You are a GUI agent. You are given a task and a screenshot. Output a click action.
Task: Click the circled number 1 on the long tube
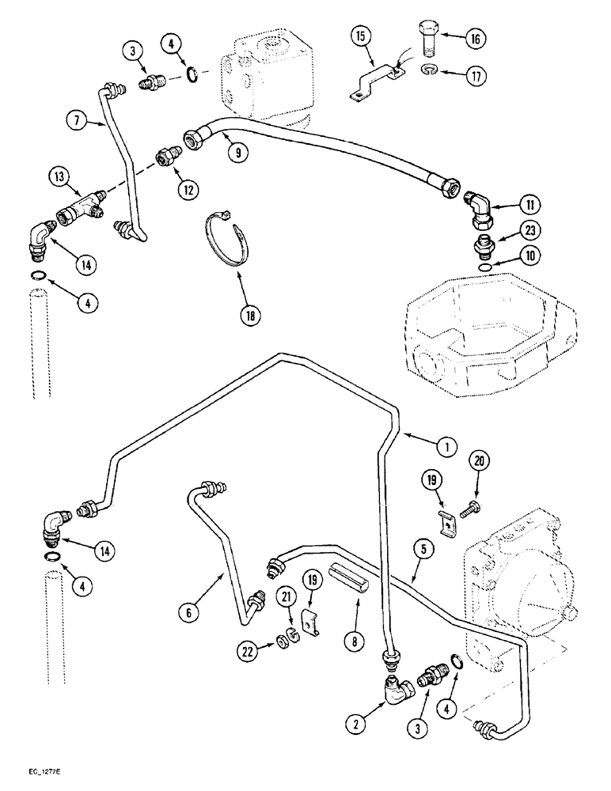tap(447, 447)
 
